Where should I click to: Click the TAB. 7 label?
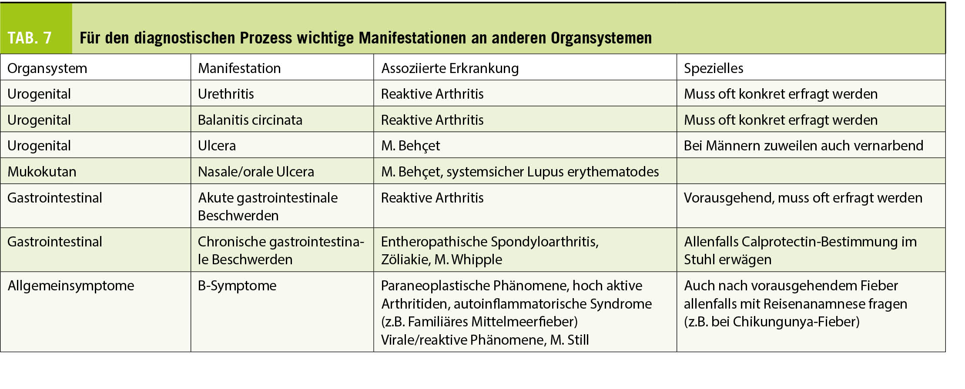[30, 38]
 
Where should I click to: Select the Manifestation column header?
[239, 68]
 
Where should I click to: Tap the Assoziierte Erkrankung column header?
[449, 68]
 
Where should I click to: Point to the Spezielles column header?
[713, 68]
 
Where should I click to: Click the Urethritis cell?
[225, 94]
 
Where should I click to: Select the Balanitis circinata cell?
[250, 120]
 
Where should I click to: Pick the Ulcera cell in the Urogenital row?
[217, 146]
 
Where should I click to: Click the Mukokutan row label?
[42, 172]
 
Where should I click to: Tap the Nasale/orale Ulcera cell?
[256, 172]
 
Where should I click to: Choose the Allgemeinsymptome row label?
[71, 286]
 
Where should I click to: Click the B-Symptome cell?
[237, 286]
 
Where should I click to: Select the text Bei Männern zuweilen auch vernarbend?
[803, 146]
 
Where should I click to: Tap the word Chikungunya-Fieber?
[796, 322]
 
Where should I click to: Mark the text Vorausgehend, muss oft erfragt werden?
[803, 198]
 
